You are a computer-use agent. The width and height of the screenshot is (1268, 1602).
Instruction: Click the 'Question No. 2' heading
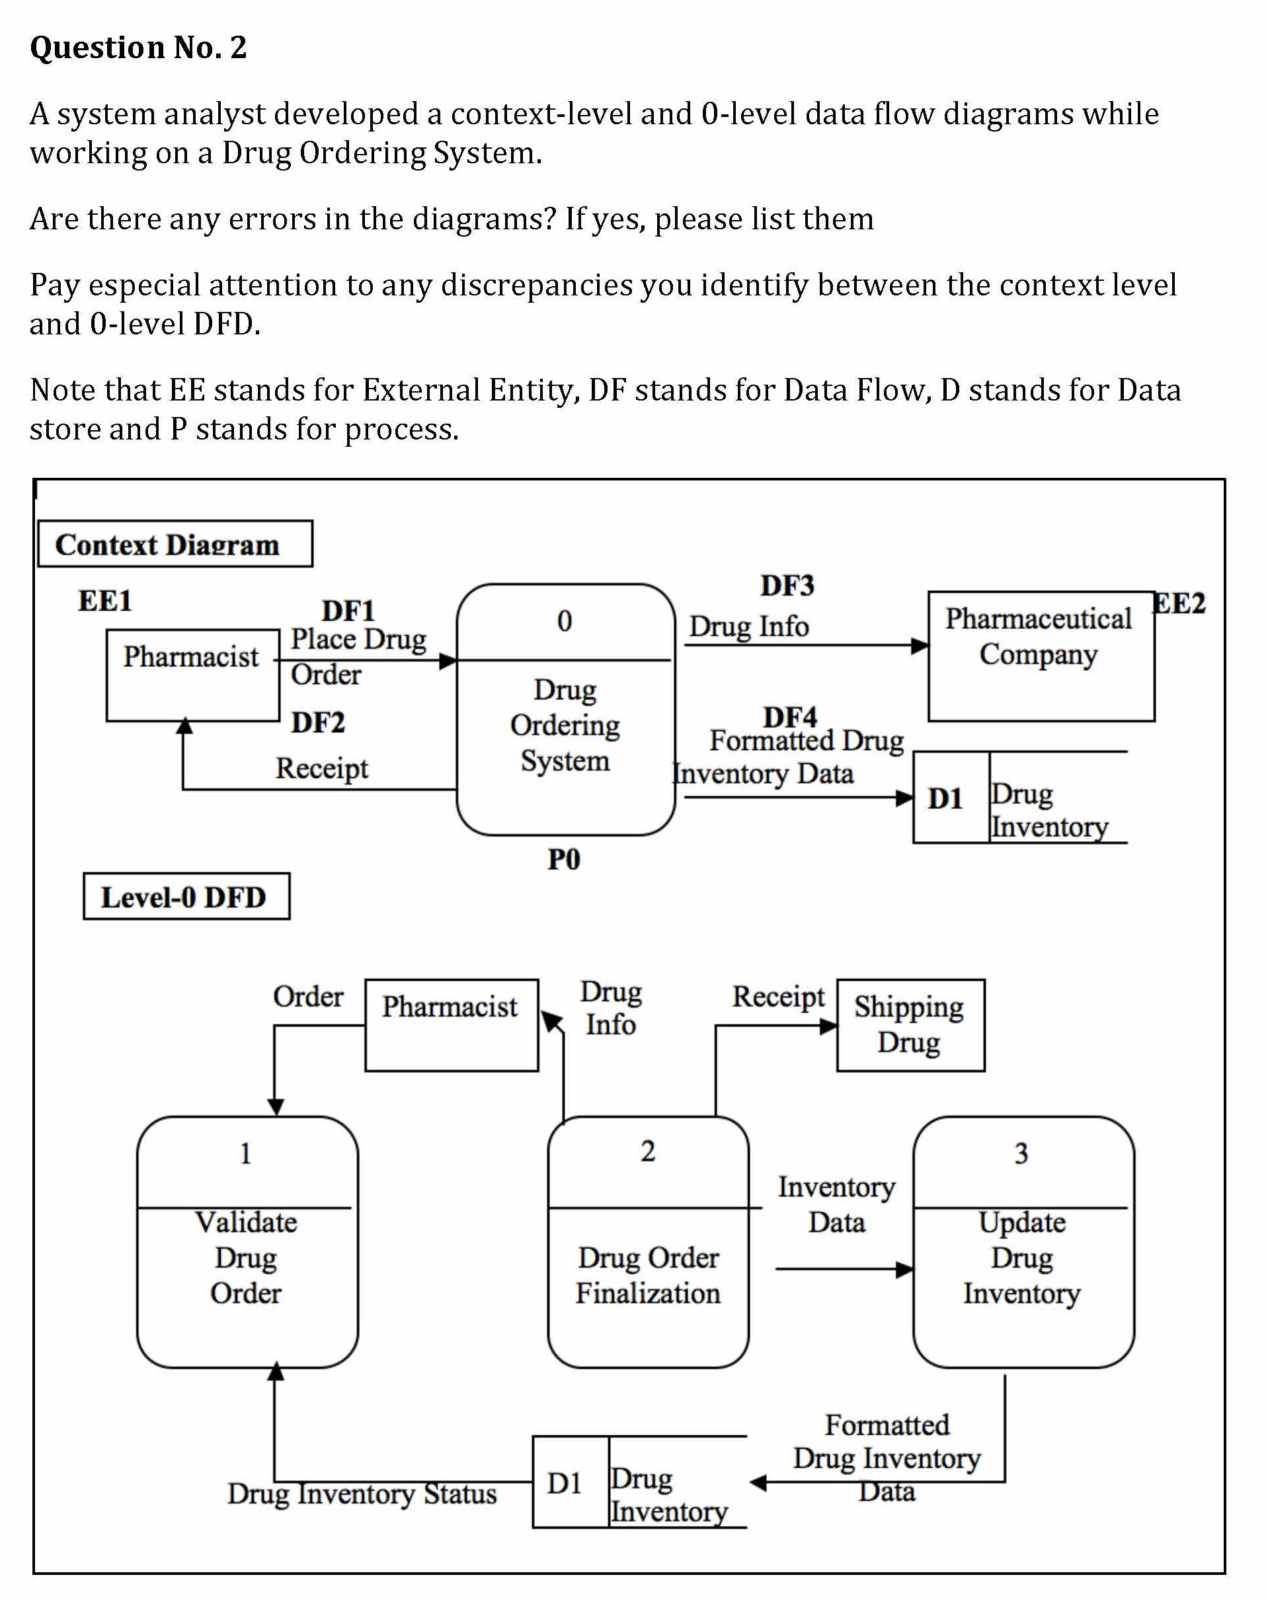(x=138, y=48)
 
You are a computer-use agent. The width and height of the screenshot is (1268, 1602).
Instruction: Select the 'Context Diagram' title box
(x=175, y=544)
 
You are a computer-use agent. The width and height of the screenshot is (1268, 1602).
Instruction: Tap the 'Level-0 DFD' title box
(x=186, y=896)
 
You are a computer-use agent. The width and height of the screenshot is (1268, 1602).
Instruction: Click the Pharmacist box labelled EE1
(x=192, y=675)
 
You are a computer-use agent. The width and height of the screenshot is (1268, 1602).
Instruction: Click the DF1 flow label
(x=348, y=611)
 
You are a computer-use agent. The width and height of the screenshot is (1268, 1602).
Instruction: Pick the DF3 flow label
(x=787, y=586)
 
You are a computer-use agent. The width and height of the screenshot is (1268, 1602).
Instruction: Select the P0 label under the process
(x=563, y=859)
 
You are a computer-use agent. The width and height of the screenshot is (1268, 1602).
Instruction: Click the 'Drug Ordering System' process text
(x=565, y=725)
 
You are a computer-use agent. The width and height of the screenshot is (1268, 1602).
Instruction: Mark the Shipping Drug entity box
(x=910, y=1025)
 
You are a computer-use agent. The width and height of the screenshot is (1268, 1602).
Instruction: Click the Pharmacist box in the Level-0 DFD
(x=451, y=1025)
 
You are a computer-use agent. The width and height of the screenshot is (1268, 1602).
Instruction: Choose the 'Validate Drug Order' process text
(x=247, y=1257)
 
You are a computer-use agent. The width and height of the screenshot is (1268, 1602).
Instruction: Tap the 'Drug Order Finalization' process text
(x=648, y=1275)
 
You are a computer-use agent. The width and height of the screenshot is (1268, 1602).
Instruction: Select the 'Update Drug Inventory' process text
(x=1022, y=1257)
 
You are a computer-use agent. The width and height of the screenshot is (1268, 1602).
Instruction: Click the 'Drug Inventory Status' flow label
(x=362, y=1493)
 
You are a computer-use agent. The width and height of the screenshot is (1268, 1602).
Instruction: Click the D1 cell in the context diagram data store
(x=946, y=798)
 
